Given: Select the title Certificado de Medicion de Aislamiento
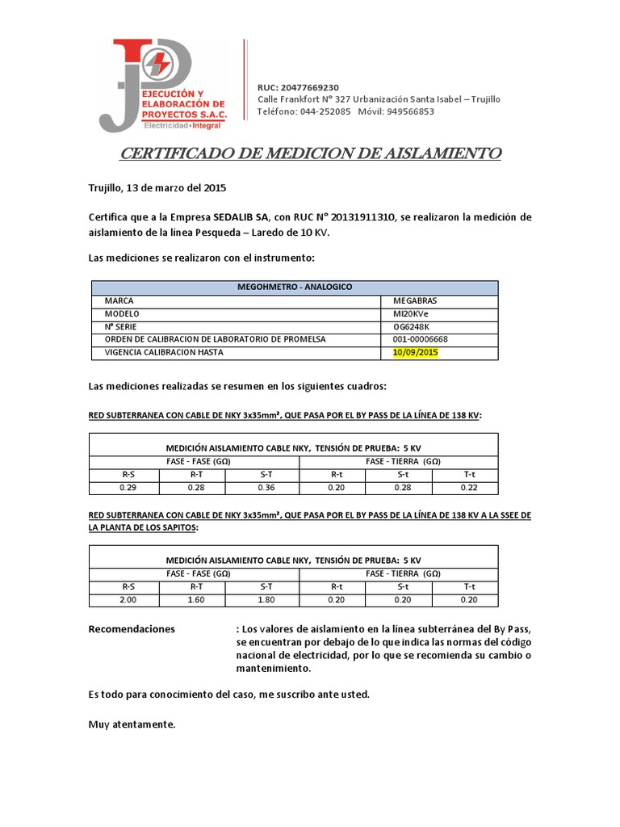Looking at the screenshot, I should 311,153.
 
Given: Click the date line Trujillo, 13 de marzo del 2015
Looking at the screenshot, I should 157,188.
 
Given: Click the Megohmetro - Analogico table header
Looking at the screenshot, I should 294,287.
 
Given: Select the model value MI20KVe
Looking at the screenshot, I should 411,313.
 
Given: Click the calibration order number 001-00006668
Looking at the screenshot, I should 421,339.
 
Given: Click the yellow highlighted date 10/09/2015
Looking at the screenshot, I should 415,353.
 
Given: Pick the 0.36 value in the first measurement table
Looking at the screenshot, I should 266,487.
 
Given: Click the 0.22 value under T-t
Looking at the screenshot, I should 468,487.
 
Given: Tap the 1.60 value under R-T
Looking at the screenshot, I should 196,599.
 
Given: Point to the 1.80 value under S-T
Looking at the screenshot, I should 266,599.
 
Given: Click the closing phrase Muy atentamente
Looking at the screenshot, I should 131,724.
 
